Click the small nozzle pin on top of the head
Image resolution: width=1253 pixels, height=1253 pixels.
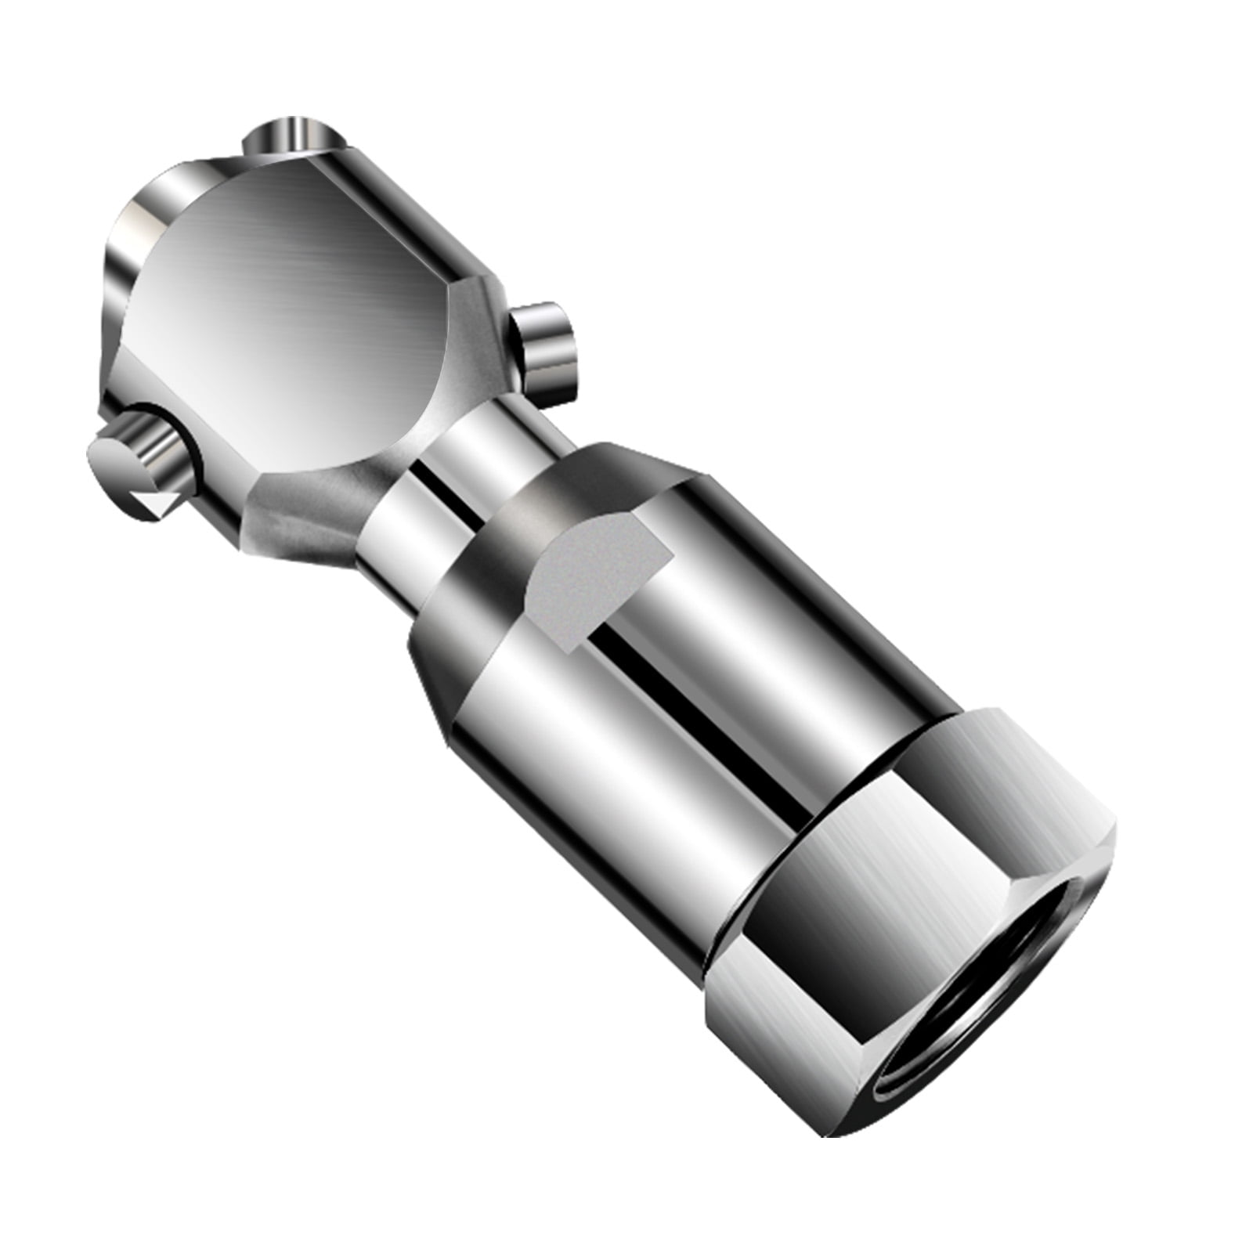click(x=291, y=138)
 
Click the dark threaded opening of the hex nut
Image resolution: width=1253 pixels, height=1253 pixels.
click(x=1010, y=1018)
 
